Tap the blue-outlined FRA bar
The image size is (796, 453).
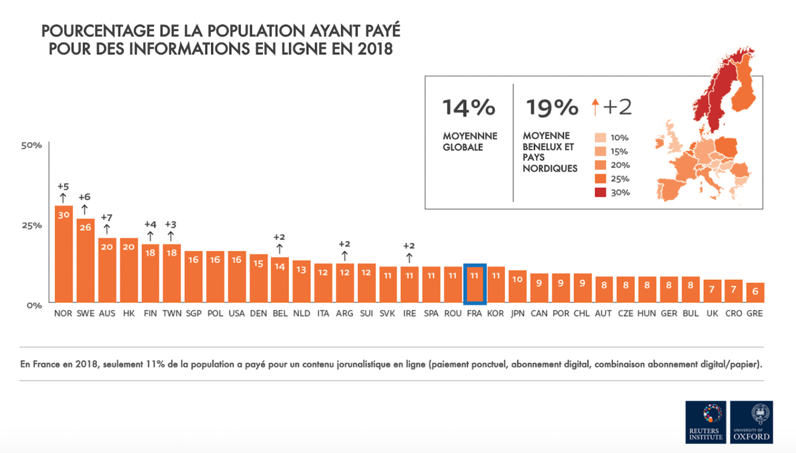coord(474,284)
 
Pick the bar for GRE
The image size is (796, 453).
coord(755,293)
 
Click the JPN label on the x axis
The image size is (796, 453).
coord(518,313)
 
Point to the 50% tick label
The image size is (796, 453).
coord(32,145)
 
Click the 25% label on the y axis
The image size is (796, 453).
coord(32,225)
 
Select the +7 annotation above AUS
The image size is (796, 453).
coord(107,218)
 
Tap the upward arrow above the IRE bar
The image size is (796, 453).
coord(409,258)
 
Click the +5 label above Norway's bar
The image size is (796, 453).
coord(63,186)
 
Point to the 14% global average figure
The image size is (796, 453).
coord(468,108)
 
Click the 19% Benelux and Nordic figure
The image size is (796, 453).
coord(552,108)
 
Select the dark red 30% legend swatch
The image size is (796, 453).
coord(600,192)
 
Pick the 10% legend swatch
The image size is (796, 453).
coord(600,138)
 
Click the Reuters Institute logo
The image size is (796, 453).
coord(705,422)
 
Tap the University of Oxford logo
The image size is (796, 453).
coord(752,422)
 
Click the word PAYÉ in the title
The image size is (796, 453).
coord(382,31)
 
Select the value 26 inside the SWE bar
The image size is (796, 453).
coord(85,228)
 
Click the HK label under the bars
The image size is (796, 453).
coord(129,313)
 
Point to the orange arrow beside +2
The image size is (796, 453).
coord(595,107)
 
